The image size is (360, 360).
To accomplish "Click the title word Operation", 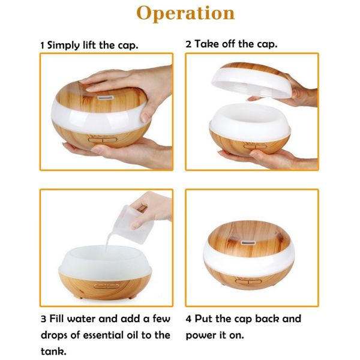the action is pyautogui.click(x=185, y=14).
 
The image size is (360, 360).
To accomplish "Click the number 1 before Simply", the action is pyautogui.click(x=42, y=46).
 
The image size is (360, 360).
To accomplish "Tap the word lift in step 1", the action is pyautogui.click(x=89, y=45).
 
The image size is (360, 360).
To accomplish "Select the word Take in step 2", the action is pyautogui.click(x=206, y=44).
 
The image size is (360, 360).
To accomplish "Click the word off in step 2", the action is pyautogui.click(x=229, y=44).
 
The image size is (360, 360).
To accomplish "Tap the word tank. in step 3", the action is pyautogui.click(x=54, y=352).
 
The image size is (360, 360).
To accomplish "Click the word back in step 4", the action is pyautogui.click(x=267, y=319).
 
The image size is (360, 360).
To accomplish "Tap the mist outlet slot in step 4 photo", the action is pyautogui.click(x=248, y=242).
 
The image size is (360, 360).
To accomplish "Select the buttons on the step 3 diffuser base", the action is pyautogui.click(x=106, y=286).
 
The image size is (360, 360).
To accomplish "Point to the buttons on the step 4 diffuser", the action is pyautogui.click(x=248, y=281).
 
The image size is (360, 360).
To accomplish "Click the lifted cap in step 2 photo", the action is pyautogui.click(x=252, y=80).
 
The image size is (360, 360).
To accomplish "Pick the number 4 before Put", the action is pyautogui.click(x=188, y=319).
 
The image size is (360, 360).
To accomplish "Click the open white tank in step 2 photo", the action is pyautogui.click(x=250, y=119).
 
